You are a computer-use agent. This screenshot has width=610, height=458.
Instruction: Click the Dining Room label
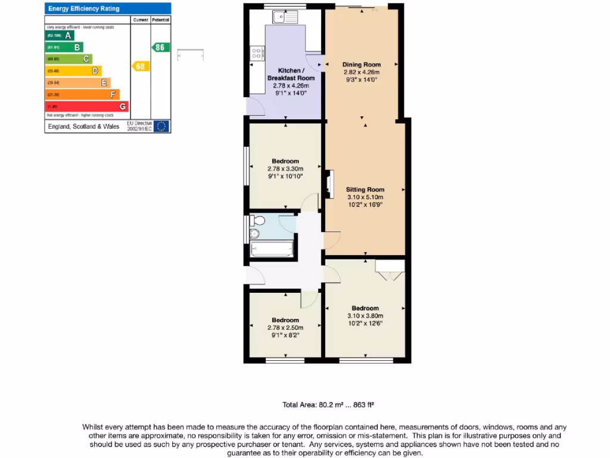pos(361,64)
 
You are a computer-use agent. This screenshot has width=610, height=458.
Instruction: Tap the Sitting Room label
pos(365,190)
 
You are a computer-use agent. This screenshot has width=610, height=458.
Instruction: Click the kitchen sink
pos(288,17)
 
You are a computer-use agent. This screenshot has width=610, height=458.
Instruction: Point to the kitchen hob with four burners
pos(257,54)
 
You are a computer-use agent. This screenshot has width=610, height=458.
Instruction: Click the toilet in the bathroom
pos(257,233)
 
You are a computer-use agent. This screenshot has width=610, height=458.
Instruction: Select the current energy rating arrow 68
pos(139,66)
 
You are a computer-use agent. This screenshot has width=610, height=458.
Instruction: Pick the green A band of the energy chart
pos(60,35)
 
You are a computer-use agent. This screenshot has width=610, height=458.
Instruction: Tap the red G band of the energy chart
pos(86,106)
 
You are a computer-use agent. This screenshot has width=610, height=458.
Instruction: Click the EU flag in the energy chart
pos(161,126)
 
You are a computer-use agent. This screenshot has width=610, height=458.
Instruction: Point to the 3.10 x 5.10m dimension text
pos(365,197)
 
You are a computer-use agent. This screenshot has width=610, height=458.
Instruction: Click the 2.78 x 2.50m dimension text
pos(285,327)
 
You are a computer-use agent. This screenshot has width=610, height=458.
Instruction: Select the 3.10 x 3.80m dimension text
pos(365,316)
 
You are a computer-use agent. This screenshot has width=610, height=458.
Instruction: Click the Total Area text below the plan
pos(328,405)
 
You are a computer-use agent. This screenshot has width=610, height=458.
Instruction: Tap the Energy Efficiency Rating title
pos(83,8)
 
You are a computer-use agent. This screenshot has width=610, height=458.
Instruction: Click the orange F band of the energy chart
pos(82,94)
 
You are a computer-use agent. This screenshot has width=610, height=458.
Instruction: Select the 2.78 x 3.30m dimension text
pos(285,169)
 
